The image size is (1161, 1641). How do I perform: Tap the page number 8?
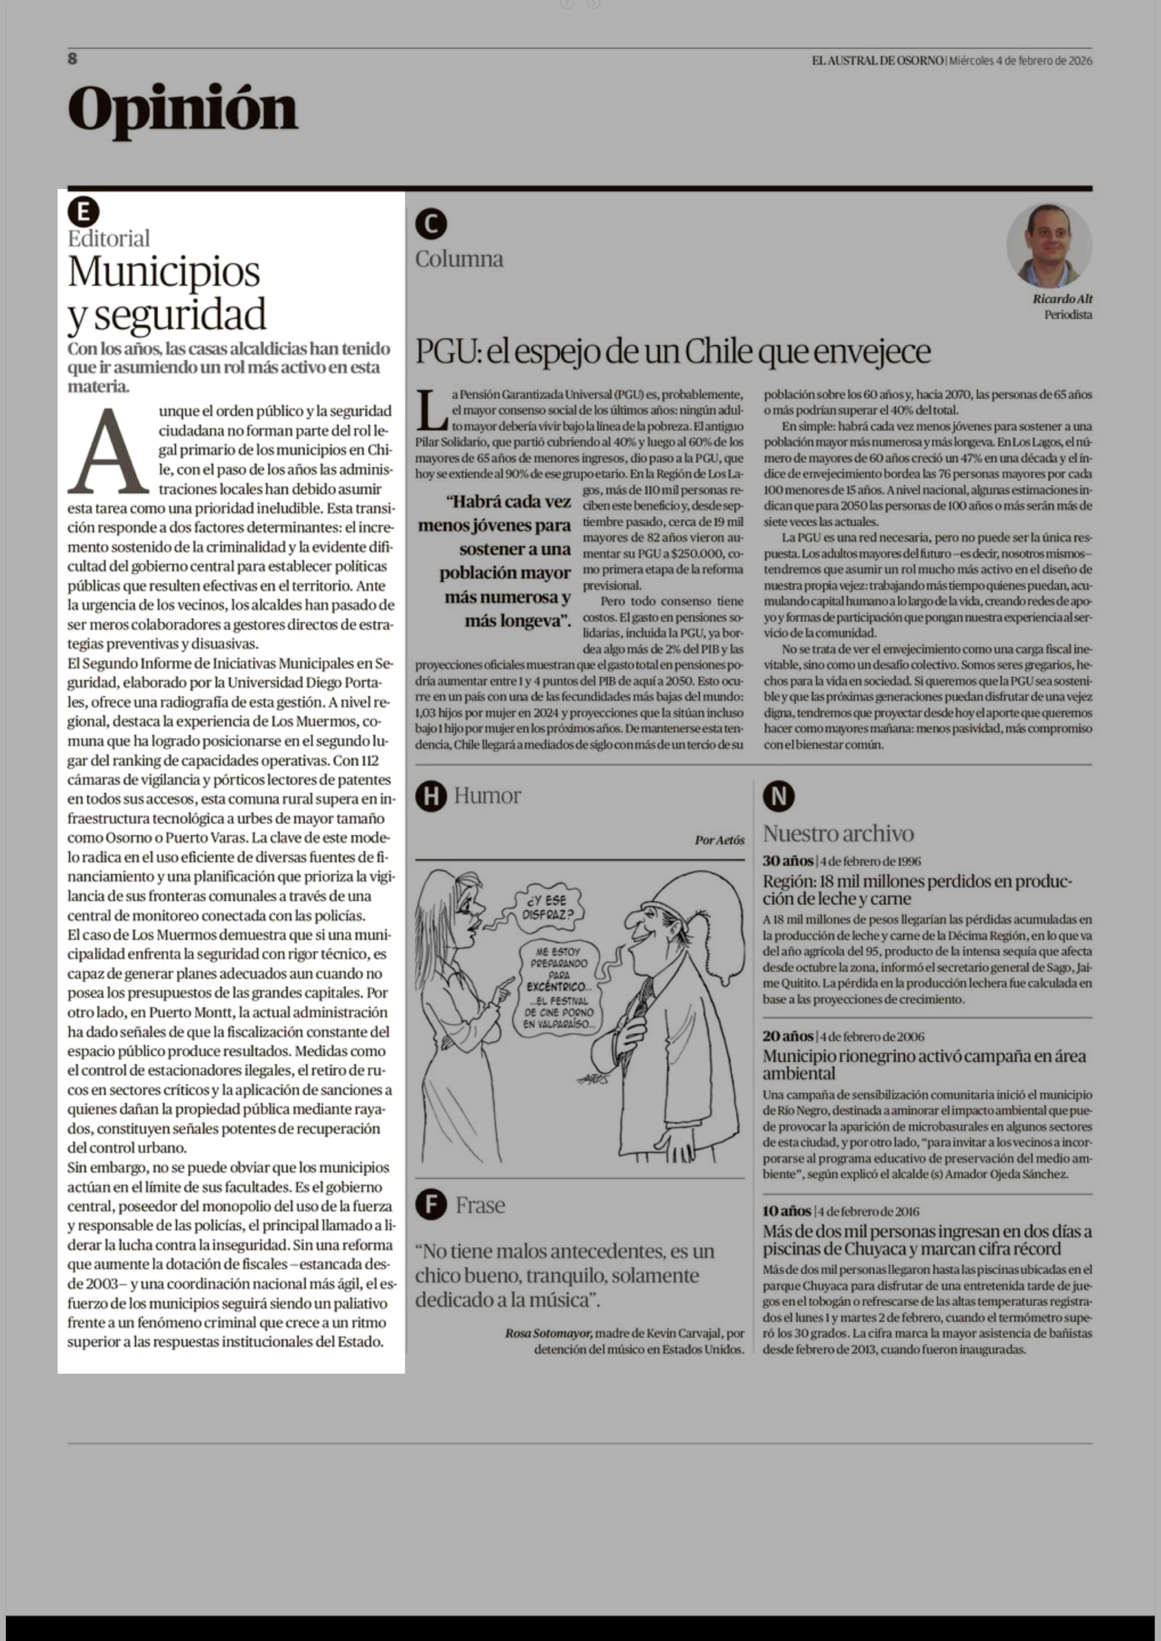[72, 59]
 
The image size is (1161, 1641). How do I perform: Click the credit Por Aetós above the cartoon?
[719, 840]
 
